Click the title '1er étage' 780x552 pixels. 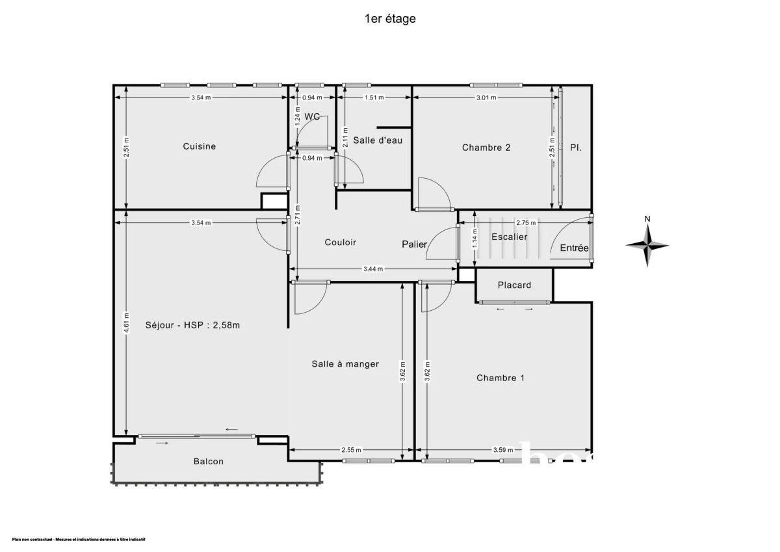tap(390, 19)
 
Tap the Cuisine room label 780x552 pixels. tap(199, 146)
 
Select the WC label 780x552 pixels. tap(312, 117)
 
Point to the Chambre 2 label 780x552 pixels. tap(486, 148)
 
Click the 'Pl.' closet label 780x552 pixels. tap(575, 148)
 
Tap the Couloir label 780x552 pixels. tap(341, 243)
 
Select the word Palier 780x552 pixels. tap(414, 244)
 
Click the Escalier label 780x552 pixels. tap(509, 237)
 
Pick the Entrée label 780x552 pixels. tap(574, 248)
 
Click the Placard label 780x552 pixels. tap(514, 285)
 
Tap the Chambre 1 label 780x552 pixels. tap(500, 378)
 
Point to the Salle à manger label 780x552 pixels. tap(345, 364)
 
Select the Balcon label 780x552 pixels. tap(208, 462)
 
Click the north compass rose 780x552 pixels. tap(647, 244)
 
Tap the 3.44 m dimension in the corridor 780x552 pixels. tap(373, 269)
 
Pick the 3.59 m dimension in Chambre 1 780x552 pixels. tap(504, 450)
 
